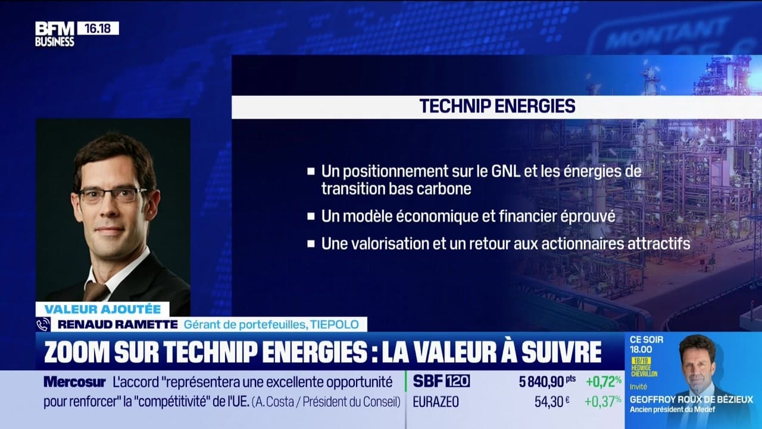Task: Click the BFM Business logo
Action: [x=54, y=34]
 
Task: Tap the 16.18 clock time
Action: [x=98, y=28]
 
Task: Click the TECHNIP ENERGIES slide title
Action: [x=497, y=106]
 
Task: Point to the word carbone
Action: [x=445, y=189]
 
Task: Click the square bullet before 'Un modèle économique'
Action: [x=311, y=216]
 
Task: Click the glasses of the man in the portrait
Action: [x=113, y=194]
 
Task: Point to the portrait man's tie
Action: [x=95, y=291]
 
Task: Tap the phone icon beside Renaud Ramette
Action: [x=43, y=324]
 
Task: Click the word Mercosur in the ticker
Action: [x=74, y=382]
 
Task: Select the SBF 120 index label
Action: [x=441, y=381]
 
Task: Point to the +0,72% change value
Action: [x=603, y=381]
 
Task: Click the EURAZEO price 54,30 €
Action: [x=552, y=402]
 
